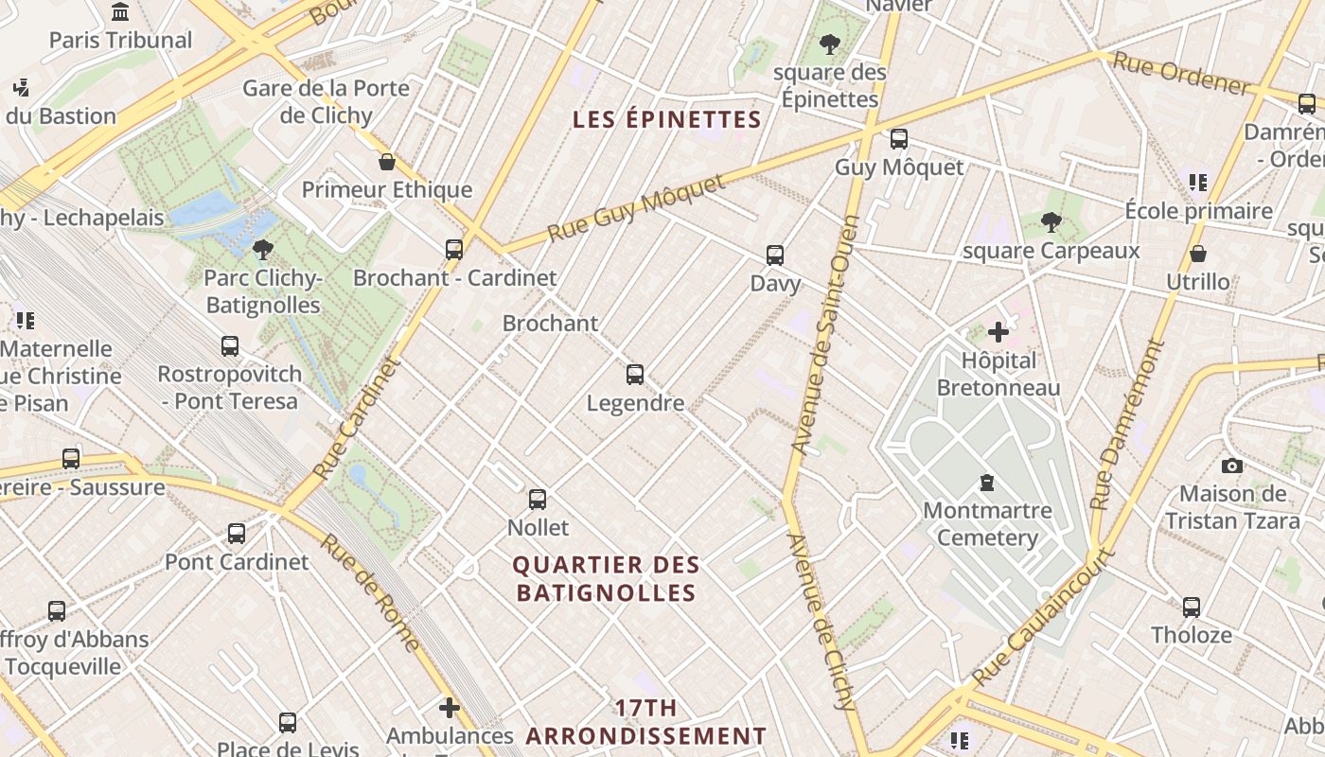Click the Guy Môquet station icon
click(x=898, y=139)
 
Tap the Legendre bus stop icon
click(x=635, y=375)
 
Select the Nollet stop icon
click(x=538, y=499)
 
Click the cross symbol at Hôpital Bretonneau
click(x=998, y=332)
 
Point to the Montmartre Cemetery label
click(x=987, y=524)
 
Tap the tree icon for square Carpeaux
click(x=1051, y=222)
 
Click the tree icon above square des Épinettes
click(x=830, y=44)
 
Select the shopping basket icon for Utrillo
click(x=1197, y=254)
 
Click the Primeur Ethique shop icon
click(x=386, y=162)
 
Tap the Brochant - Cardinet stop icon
click(x=454, y=250)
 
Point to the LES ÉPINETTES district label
click(x=667, y=119)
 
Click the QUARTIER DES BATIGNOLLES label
click(x=606, y=579)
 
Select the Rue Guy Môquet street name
click(x=636, y=207)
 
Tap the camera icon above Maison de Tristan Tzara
click(x=1231, y=466)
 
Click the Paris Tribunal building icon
click(x=120, y=12)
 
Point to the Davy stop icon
click(x=775, y=255)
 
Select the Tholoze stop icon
click(x=1191, y=607)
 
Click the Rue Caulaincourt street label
click(x=1044, y=616)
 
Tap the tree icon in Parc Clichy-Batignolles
click(x=263, y=250)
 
